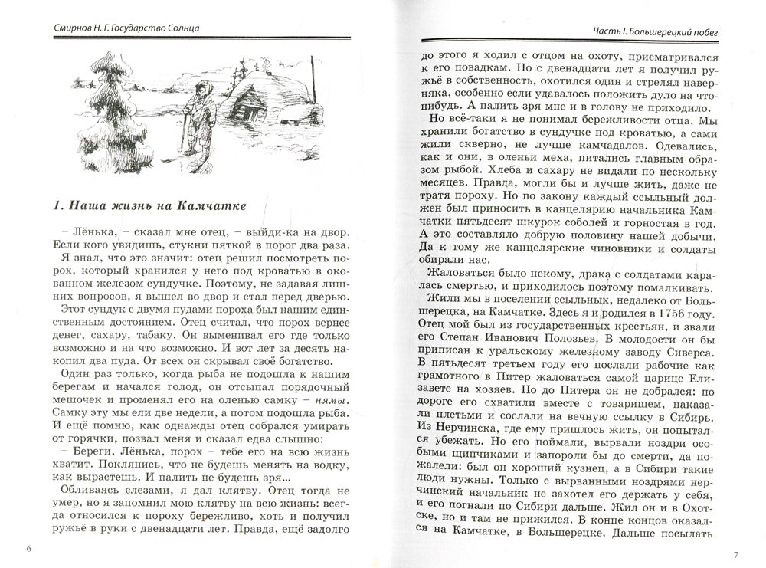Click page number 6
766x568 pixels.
[x=28, y=549]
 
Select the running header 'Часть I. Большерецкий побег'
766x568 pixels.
[x=659, y=31]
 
